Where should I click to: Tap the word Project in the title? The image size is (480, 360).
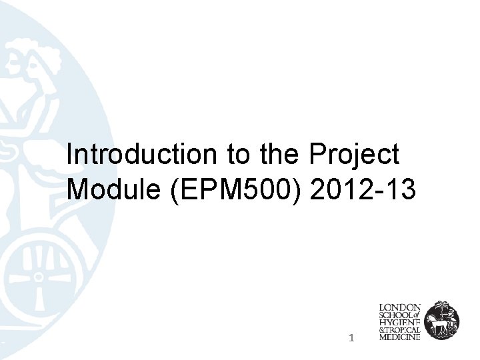354,155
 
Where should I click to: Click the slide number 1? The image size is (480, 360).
351,339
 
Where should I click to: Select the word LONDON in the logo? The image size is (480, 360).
399,307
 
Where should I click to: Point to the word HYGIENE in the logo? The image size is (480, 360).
399,323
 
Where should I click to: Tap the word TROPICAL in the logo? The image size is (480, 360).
403,330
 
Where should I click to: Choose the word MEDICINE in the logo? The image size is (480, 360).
399,338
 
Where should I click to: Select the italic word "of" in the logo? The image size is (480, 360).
417,315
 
